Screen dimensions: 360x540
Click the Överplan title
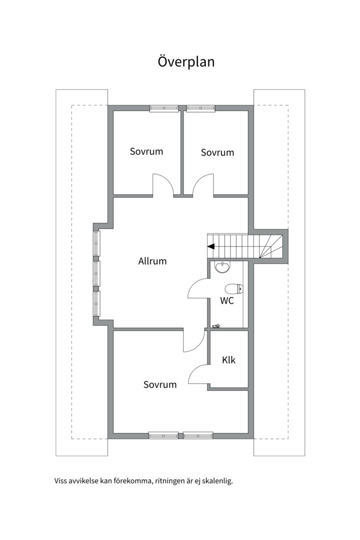[186, 61]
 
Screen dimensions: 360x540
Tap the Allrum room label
[152, 261]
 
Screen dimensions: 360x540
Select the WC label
[227, 300]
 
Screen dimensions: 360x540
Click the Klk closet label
[228, 360]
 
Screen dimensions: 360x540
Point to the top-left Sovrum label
[146, 151]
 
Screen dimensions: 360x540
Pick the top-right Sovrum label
[217, 152]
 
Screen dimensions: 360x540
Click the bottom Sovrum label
[160, 384]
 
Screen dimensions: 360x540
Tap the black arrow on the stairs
[211, 246]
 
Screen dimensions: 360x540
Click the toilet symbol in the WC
[234, 288]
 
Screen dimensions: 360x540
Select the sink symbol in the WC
[222, 267]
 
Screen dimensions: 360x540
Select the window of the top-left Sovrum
[164, 108]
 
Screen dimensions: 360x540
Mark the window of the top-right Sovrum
[201, 108]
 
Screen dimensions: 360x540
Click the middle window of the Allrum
[96, 274]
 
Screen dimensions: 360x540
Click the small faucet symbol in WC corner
[216, 325]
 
